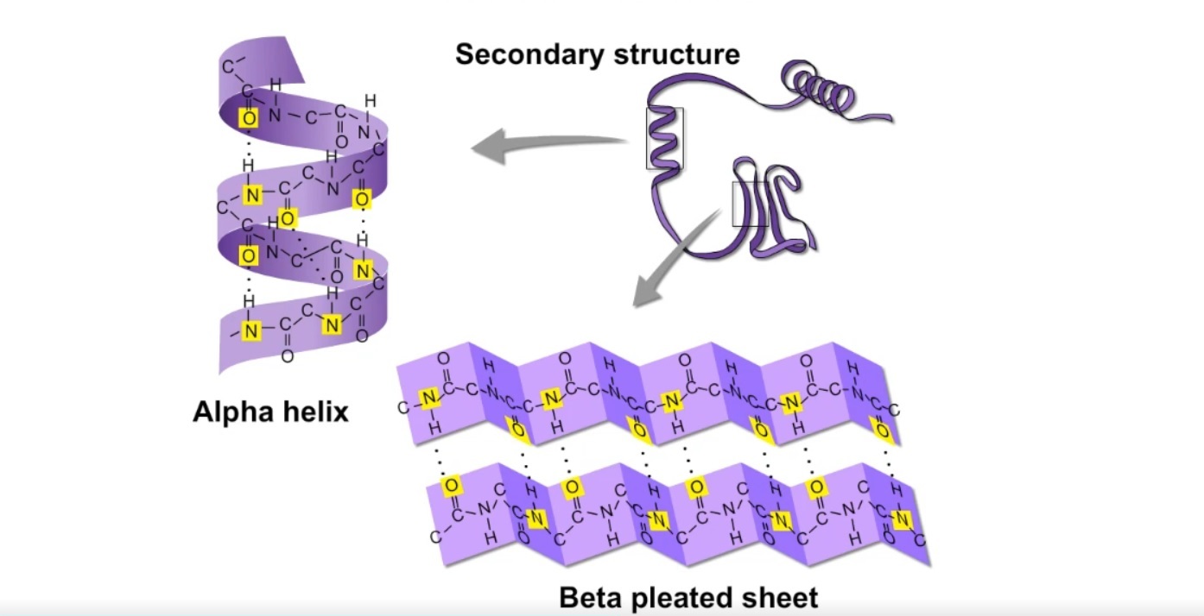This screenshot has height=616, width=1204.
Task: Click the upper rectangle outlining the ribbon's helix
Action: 664,138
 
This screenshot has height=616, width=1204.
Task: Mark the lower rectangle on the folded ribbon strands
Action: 750,204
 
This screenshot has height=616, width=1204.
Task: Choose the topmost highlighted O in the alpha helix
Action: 249,117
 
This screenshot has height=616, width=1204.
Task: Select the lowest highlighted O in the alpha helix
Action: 249,255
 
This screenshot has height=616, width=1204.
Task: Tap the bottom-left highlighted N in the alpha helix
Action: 250,330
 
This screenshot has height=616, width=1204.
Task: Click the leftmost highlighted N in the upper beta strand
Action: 428,399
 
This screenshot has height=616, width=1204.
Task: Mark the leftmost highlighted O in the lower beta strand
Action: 449,487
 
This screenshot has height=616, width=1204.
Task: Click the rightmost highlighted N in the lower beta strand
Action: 903,519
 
